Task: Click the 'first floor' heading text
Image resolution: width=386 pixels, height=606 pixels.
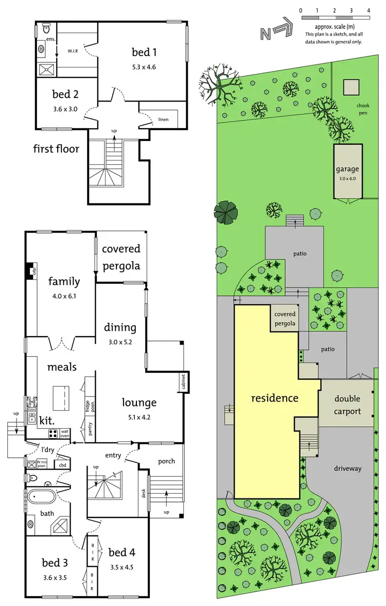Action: [x=57, y=149]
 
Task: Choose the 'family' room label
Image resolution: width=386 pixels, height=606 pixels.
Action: [x=64, y=281]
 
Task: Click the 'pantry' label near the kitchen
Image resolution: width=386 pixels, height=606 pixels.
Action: [x=91, y=428]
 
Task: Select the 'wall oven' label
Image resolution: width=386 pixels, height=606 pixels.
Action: [x=65, y=434]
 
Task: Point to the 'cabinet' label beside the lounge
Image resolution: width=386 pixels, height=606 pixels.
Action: [x=183, y=382]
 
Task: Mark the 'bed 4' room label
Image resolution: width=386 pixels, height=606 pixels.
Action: [x=122, y=552]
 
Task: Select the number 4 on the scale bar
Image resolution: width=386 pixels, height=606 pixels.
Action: [x=369, y=10]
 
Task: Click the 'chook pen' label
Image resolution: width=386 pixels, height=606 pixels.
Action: [x=363, y=109]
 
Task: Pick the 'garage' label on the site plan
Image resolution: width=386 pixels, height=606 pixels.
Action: [x=347, y=169]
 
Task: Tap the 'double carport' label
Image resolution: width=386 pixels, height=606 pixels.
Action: [x=347, y=405]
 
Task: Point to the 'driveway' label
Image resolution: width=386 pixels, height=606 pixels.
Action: [x=348, y=468]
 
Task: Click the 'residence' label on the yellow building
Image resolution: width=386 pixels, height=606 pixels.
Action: [x=274, y=398]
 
